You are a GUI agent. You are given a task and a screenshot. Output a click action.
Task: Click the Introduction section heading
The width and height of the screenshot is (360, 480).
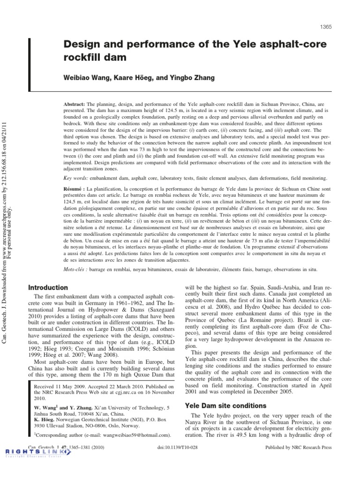(x=48, y=287)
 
